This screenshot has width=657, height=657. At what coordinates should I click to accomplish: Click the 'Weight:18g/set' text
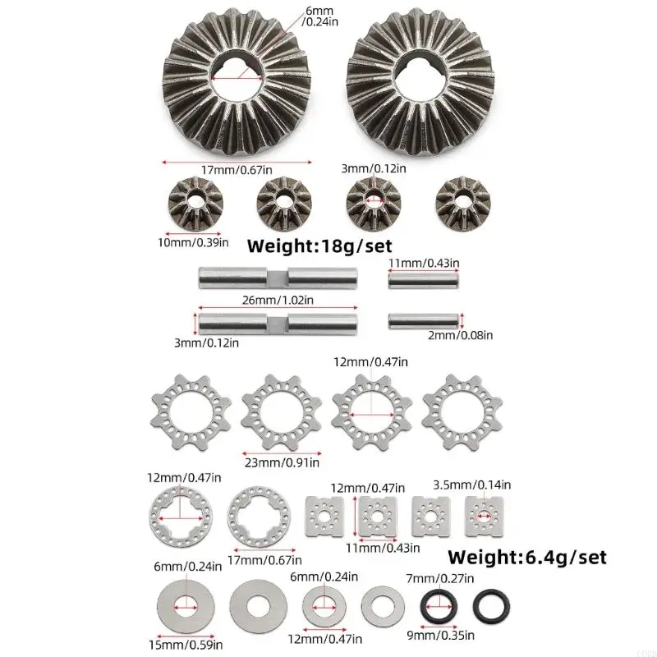coord(319,246)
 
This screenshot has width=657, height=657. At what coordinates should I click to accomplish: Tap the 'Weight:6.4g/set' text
coord(527,558)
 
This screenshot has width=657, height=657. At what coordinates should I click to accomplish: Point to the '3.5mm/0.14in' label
coord(471,485)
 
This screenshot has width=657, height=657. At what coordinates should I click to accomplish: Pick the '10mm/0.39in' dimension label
coord(193,242)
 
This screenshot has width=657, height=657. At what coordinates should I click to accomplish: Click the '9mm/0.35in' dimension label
coord(441,635)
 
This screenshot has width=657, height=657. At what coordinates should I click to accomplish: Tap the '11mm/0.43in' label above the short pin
coord(424,263)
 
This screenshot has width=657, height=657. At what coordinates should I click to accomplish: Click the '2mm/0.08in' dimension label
coord(460,335)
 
